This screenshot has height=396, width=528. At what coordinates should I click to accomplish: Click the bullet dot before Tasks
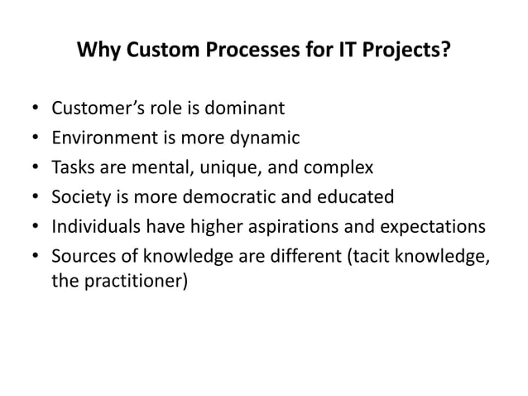tap(34, 168)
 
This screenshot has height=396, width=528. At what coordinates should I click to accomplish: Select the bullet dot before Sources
tap(34, 258)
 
